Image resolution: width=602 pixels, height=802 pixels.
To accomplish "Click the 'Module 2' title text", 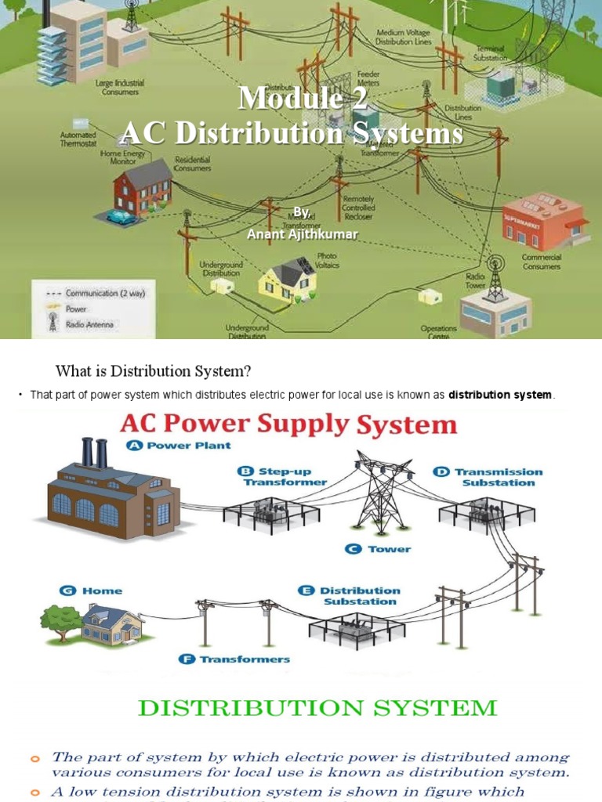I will click(x=302, y=98).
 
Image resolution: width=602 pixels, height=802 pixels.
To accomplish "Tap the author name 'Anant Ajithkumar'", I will click(x=302, y=233).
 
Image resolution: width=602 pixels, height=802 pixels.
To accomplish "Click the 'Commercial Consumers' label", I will click(x=541, y=262).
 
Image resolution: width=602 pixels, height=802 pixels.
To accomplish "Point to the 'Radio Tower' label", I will click(x=475, y=280).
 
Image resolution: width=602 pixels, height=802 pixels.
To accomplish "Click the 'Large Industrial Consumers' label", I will click(x=117, y=88).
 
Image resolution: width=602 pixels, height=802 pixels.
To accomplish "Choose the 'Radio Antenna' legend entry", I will click(x=89, y=324).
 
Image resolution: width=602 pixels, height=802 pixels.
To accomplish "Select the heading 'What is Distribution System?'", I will click(x=152, y=370).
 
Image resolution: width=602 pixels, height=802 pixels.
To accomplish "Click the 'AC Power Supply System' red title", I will click(x=288, y=425).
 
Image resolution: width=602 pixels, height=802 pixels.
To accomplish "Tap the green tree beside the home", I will click(x=60, y=620).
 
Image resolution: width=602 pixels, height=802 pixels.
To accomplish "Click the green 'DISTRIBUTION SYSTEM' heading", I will click(x=317, y=708).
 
